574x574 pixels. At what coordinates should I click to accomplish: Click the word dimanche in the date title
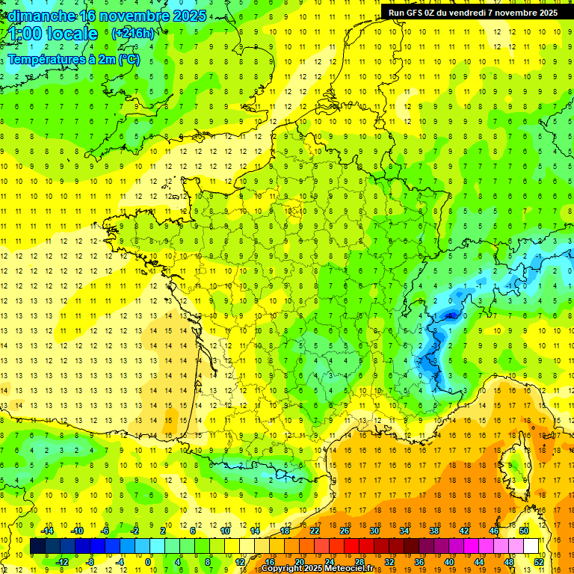pos(42,16)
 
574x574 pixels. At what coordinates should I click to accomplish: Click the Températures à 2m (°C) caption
pos(73,60)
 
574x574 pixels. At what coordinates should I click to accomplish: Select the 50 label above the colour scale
pos(524,531)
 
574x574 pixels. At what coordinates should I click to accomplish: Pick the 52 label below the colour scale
pos(539,562)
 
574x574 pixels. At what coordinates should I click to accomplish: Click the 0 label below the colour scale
pos(148,562)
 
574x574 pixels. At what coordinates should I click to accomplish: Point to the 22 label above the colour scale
pos(315,531)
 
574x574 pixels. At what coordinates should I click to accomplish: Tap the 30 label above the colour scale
pos(374,531)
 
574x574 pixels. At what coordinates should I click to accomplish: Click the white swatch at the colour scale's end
pos(531,546)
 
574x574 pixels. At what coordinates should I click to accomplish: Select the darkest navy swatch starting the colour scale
pos(37,546)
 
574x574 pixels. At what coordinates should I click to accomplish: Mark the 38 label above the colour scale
pos(434,531)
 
